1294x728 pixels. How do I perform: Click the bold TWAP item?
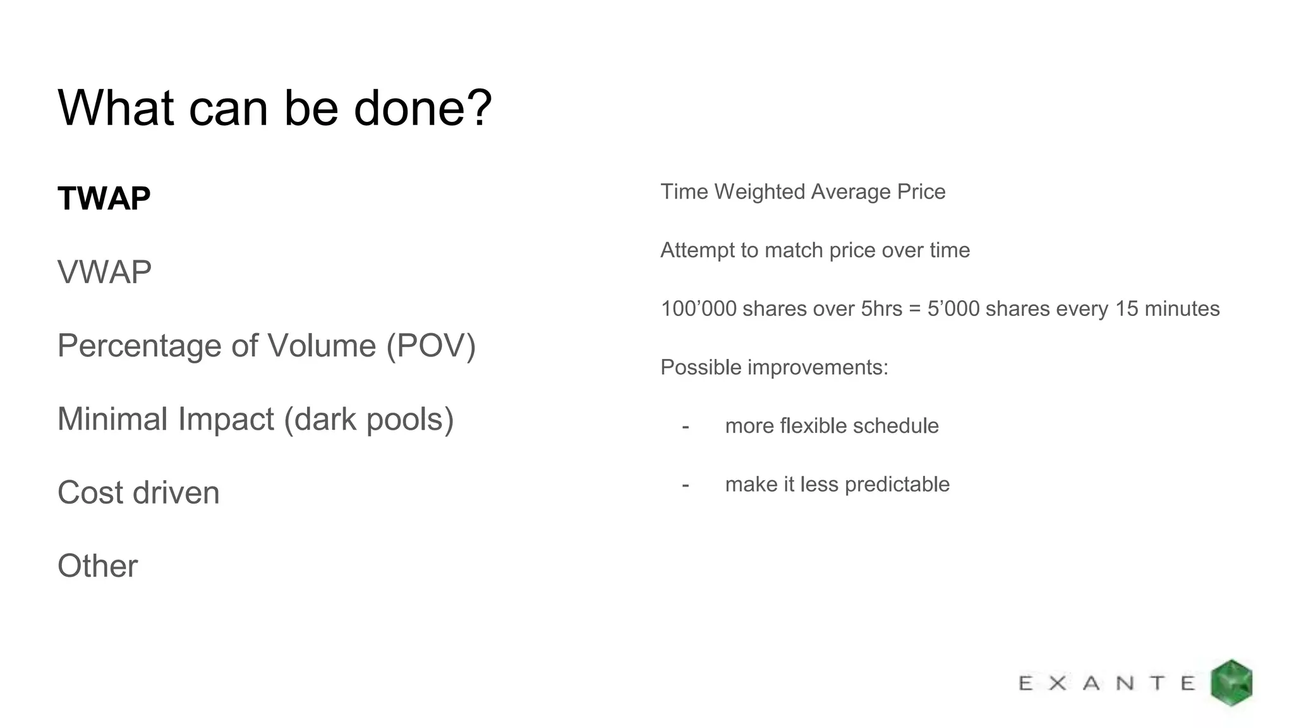[104, 198]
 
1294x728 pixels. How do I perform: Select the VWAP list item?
[104, 272]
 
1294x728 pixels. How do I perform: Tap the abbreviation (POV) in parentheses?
[431, 346]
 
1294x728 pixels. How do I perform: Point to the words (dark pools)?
[369, 419]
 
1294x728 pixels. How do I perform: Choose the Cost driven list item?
[138, 493]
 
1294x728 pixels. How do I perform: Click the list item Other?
[97, 566]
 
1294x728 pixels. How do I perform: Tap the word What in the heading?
[116, 108]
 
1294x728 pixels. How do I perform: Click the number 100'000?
[698, 309]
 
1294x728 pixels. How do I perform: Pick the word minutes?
[1182, 309]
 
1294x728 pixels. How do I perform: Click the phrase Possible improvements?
[774, 367]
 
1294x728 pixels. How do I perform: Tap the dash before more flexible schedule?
[686, 427]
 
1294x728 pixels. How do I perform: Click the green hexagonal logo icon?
[1231, 682]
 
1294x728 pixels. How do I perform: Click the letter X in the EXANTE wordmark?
[1058, 683]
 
